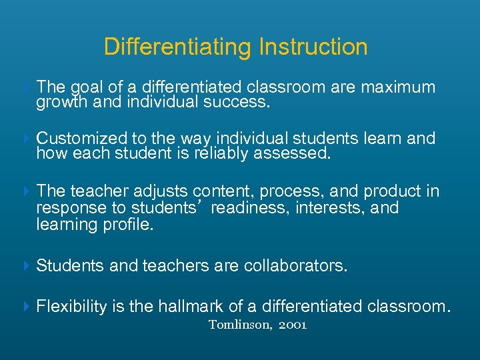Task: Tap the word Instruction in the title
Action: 313,47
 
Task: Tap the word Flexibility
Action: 71,307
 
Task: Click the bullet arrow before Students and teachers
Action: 27,265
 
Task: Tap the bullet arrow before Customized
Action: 27,139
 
